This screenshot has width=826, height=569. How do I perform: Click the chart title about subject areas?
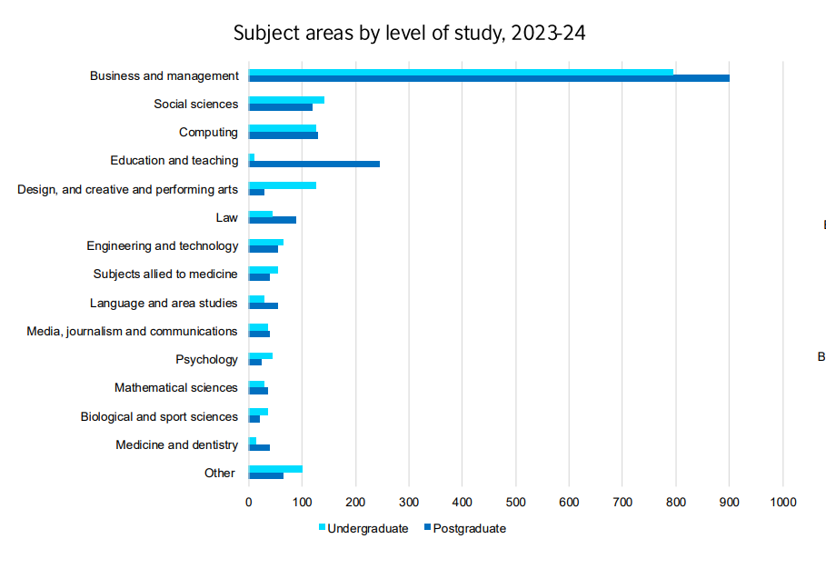tap(410, 34)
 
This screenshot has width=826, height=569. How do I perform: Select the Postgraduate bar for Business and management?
tap(489, 79)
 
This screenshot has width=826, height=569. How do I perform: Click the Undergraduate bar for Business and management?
tap(461, 72)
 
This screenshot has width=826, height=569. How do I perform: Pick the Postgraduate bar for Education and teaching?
tap(314, 164)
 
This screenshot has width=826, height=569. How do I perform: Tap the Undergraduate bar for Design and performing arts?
tap(283, 185)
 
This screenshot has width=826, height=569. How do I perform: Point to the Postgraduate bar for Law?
tap(273, 220)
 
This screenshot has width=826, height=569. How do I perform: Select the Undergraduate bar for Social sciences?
tap(286, 100)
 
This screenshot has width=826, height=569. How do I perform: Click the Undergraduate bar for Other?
tap(275, 469)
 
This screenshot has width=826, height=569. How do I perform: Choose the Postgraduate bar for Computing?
tap(284, 135)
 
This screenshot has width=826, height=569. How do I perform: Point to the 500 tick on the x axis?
tap(516, 501)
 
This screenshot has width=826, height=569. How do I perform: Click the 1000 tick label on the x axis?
tap(783, 501)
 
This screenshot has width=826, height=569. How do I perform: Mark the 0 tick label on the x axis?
tap(249, 501)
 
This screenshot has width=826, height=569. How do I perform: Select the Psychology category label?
tap(206, 359)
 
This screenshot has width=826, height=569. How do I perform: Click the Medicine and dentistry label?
tap(176, 444)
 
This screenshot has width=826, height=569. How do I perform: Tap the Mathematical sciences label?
tap(176, 387)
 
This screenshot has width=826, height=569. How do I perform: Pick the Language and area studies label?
tap(164, 303)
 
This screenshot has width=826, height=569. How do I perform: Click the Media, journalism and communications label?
tap(132, 331)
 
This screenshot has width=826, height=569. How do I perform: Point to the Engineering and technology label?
tap(163, 245)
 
